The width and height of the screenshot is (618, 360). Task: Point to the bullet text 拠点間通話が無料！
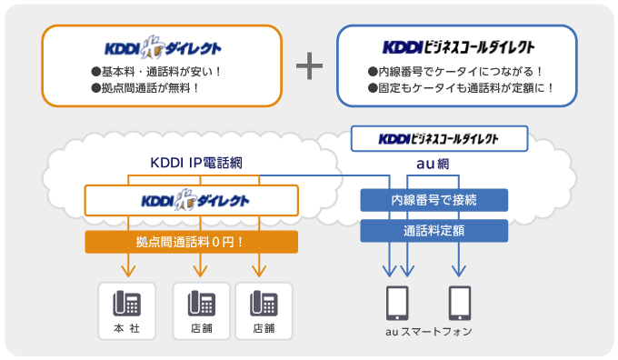tap(145, 88)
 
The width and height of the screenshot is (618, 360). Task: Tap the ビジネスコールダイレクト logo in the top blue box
tap(458, 46)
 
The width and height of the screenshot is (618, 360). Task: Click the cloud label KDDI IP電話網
tap(195, 164)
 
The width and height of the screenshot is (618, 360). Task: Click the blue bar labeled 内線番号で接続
tap(434, 200)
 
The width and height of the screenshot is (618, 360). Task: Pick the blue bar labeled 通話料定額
tap(434, 231)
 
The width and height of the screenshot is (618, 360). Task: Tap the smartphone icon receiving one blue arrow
tap(459, 302)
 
